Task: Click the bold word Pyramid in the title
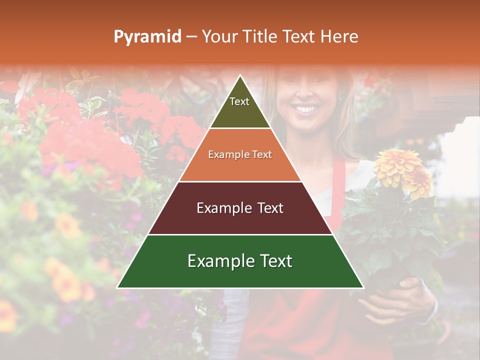point(147,37)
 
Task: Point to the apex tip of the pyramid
point(240,76)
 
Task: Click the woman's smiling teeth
point(305,108)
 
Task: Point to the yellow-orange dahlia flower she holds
point(398,167)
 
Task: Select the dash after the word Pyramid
point(191,37)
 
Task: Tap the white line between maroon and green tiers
point(240,234)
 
